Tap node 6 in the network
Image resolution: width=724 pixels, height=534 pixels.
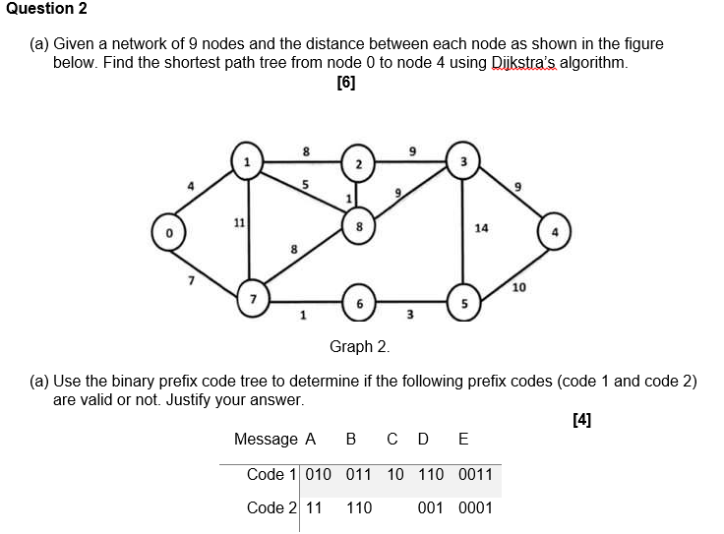[360, 302]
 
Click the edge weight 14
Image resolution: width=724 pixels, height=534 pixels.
[480, 227]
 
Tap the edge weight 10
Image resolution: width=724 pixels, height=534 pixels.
[518, 286]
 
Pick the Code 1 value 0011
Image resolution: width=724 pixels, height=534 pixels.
[475, 474]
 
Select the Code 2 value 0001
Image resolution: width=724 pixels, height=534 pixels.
[475, 507]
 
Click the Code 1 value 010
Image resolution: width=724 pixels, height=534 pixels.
[319, 474]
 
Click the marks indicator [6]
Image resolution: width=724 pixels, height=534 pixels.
[346, 84]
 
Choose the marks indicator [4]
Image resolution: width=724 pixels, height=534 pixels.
[581, 420]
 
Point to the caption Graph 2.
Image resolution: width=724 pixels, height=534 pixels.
[360, 346]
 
